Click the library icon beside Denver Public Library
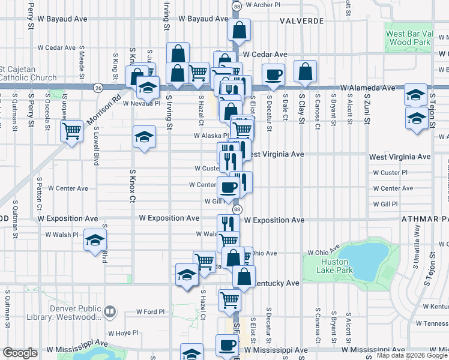109,311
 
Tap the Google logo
20,353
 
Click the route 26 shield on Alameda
97,88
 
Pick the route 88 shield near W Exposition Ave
238,209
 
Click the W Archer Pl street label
262,5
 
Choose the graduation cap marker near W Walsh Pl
94,241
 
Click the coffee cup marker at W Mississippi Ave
228,345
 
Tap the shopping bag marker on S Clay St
306,71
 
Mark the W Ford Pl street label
146,311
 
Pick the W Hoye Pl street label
123,332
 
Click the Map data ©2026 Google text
411,355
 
